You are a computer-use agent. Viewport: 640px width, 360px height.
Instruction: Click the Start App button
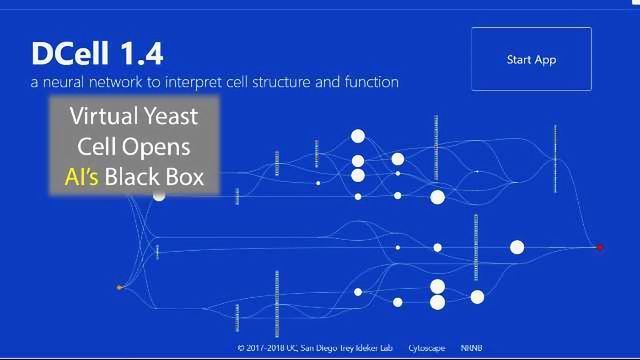coord(531,60)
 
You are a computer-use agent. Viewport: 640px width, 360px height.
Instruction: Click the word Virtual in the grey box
coord(102,116)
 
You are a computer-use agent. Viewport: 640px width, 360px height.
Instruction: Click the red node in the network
coord(600,247)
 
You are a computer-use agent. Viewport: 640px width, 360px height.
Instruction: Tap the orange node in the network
coord(119,288)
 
